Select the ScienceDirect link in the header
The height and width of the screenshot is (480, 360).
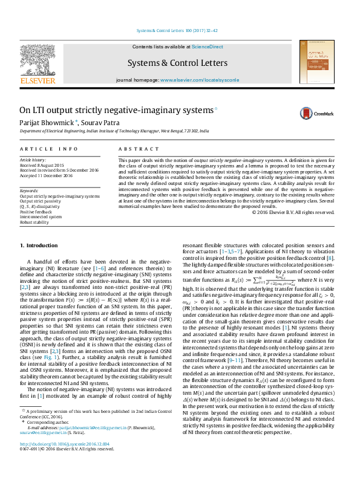pos(208,47)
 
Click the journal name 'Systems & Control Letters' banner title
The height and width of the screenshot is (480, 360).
pos(177,63)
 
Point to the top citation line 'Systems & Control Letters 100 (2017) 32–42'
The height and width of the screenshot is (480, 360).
pos(177,30)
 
